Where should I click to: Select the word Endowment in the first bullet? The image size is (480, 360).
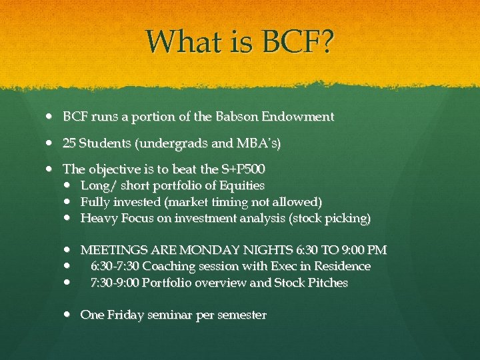[x=299, y=117]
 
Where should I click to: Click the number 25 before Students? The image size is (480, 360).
[x=69, y=143]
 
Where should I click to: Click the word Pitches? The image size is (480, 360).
[x=327, y=283]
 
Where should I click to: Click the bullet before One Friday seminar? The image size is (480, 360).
[x=71, y=315]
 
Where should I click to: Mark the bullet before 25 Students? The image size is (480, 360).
[x=53, y=143]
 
